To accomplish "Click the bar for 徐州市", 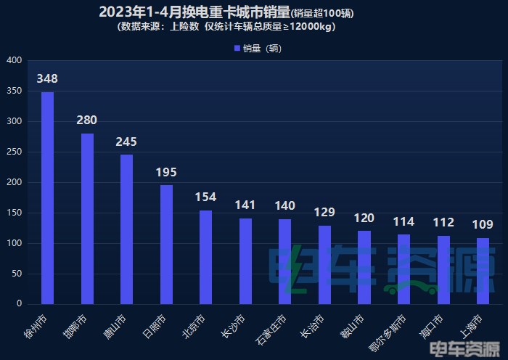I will click(x=47, y=197).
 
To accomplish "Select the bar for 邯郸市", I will click(x=87, y=218).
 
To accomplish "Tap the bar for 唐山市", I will click(x=126, y=229).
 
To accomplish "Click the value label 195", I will click(x=166, y=172).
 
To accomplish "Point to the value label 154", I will click(x=206, y=197).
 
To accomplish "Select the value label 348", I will click(x=47, y=78).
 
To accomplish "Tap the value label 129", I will click(x=324, y=212).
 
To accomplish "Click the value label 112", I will click(x=443, y=222).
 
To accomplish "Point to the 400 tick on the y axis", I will click(x=14, y=61).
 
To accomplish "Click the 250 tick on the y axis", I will click(x=14, y=152).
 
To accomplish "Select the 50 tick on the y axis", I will click(x=16, y=274).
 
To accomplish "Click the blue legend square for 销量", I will click(x=237, y=49).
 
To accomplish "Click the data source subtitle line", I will click(x=226, y=27).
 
